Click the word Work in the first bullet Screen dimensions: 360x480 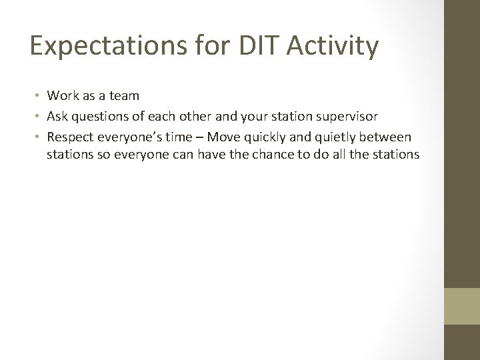tap(61, 97)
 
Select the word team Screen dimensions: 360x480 tap(125, 97)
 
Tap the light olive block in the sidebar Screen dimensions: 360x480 tap(461, 306)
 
